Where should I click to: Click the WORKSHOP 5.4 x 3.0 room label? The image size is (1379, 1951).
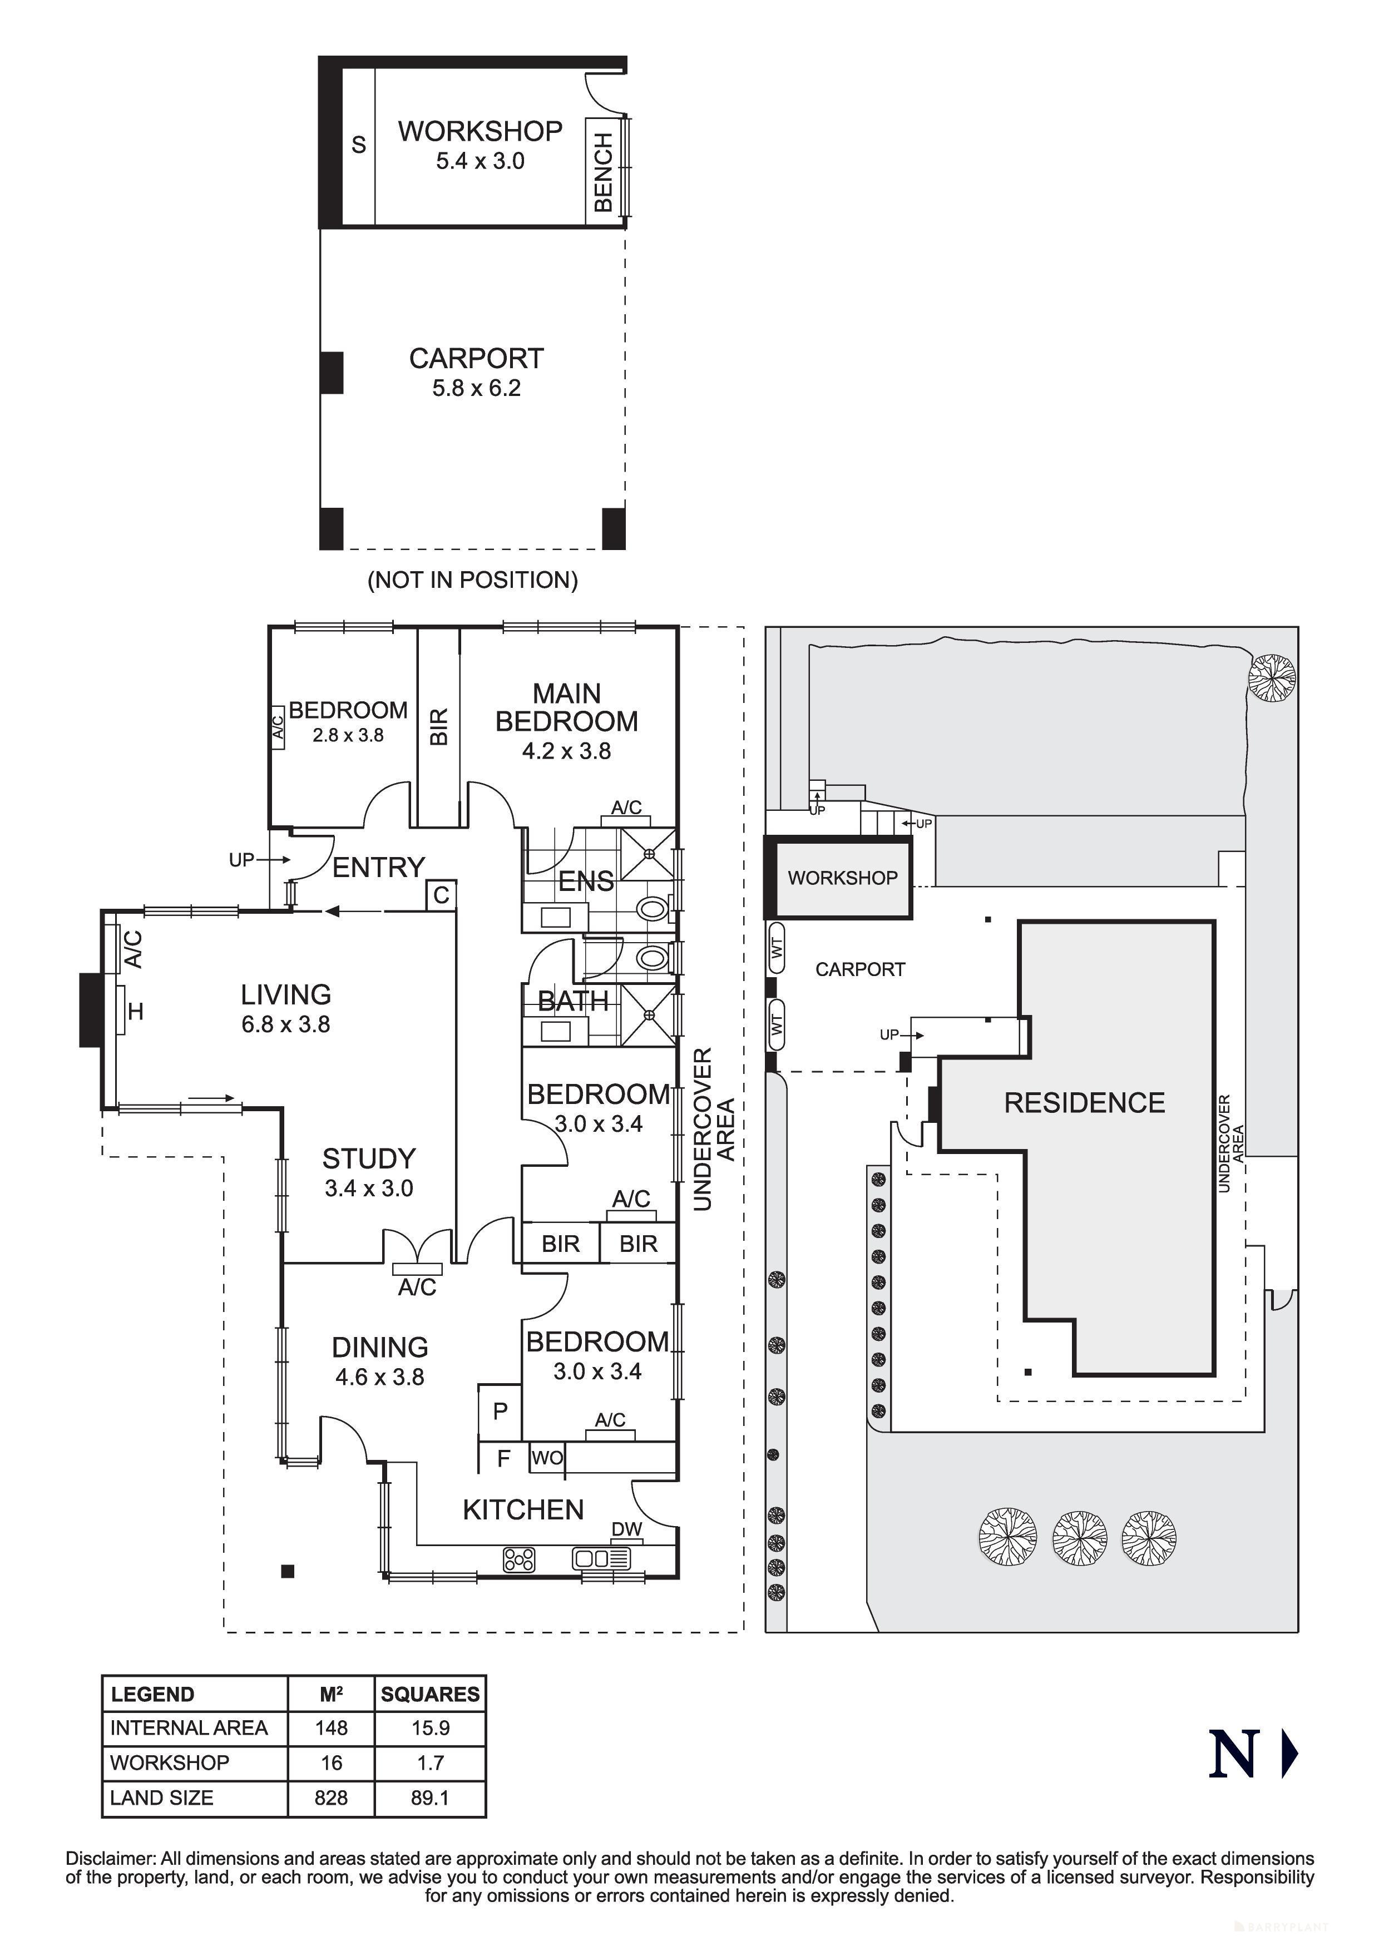[x=480, y=145]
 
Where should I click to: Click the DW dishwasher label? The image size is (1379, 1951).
[x=627, y=1529]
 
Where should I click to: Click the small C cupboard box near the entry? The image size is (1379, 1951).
[x=441, y=895]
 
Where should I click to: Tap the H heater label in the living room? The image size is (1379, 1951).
[x=135, y=1011]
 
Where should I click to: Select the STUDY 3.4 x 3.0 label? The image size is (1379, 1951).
[x=369, y=1172]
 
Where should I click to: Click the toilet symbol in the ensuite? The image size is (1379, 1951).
[x=652, y=909]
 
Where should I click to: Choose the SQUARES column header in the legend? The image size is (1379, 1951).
[x=430, y=1695]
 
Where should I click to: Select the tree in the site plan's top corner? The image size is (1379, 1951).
[x=1272, y=677]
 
